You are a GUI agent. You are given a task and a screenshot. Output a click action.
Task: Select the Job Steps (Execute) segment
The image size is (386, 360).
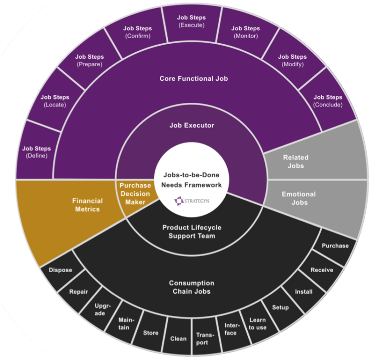[191, 22]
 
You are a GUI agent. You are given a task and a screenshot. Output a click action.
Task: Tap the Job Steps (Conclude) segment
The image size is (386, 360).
[328, 100]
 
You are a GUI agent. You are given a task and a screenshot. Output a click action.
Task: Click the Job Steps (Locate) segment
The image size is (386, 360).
[55, 100]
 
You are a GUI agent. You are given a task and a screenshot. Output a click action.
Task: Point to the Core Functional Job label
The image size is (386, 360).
[191, 78]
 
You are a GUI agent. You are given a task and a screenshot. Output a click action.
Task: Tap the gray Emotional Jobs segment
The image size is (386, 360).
[299, 198]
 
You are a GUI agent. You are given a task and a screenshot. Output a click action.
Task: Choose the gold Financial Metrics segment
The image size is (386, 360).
[87, 205]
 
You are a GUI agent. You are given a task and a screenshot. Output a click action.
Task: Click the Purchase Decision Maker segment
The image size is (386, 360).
[135, 194]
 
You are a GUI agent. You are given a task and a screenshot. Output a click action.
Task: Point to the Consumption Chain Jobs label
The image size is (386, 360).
[191, 287]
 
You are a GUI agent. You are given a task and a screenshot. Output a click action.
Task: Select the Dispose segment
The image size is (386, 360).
[60, 270]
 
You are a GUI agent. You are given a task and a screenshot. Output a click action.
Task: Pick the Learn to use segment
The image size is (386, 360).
[258, 324]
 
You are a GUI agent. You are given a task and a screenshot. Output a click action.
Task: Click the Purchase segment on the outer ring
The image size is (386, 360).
[335, 246]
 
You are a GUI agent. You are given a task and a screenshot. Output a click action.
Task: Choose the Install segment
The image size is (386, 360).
[304, 291]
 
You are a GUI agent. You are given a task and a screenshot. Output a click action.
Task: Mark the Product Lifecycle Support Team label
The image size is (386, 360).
[191, 231]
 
